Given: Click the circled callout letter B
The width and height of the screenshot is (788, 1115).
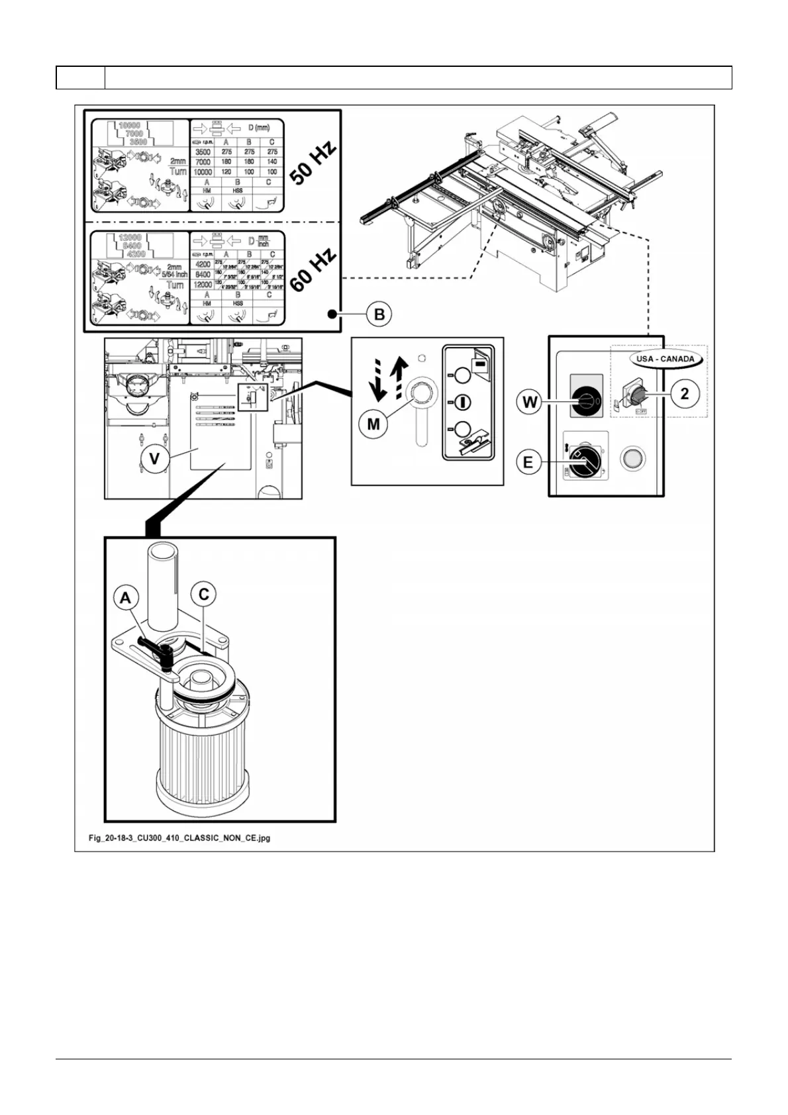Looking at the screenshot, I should point(379,314).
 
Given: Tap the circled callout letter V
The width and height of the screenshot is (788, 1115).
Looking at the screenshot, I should point(154,458).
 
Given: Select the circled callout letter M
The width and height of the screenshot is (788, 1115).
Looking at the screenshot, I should point(373,423).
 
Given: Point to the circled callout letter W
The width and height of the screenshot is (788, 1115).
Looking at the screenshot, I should point(529,402).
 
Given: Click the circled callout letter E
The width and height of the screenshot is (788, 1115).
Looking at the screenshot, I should point(528,461).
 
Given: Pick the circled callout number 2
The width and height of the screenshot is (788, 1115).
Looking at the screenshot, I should point(685,394).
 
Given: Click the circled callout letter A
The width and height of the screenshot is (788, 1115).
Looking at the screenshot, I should point(125,599).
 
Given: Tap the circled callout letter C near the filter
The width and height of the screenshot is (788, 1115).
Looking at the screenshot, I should point(203,594).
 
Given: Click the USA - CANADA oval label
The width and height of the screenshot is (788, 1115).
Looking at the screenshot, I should point(665,359).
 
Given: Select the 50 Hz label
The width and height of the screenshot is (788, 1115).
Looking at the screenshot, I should point(313,163).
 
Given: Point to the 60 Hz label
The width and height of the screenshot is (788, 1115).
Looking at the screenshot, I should point(313,270).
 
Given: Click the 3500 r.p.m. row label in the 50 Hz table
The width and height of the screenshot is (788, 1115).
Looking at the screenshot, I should point(203,152).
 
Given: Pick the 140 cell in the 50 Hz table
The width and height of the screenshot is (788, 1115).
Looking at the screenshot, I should point(272,162).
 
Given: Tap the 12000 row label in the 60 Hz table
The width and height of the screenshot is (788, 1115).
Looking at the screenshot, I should point(203,285).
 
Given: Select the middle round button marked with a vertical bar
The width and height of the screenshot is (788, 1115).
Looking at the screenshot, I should point(462,402).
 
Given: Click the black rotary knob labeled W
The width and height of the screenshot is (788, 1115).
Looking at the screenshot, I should point(585,402).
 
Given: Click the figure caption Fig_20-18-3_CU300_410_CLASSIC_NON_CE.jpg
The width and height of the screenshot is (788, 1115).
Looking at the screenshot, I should point(179,838).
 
